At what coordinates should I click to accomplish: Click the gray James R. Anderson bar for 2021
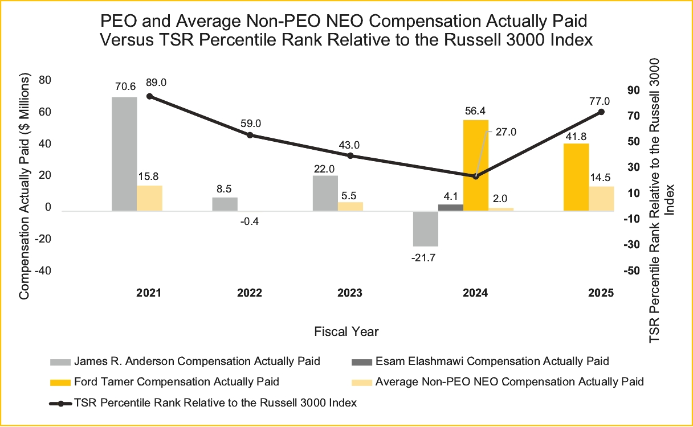(x=124, y=154)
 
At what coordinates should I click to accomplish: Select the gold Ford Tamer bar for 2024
(x=476, y=165)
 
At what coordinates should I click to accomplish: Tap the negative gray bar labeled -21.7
(x=426, y=228)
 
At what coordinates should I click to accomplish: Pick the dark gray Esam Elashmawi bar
(x=450, y=207)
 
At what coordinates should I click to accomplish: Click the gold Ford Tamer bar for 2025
(x=576, y=177)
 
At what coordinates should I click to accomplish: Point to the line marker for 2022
(x=250, y=135)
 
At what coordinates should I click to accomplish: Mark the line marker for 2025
(x=601, y=112)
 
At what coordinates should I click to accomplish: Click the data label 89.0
(x=156, y=83)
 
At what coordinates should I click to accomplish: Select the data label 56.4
(x=475, y=111)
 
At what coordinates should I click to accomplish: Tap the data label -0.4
(x=250, y=221)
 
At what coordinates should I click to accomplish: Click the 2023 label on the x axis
(x=350, y=293)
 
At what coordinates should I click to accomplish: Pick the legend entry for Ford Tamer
(x=177, y=381)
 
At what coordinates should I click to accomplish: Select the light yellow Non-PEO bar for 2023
(x=350, y=206)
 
